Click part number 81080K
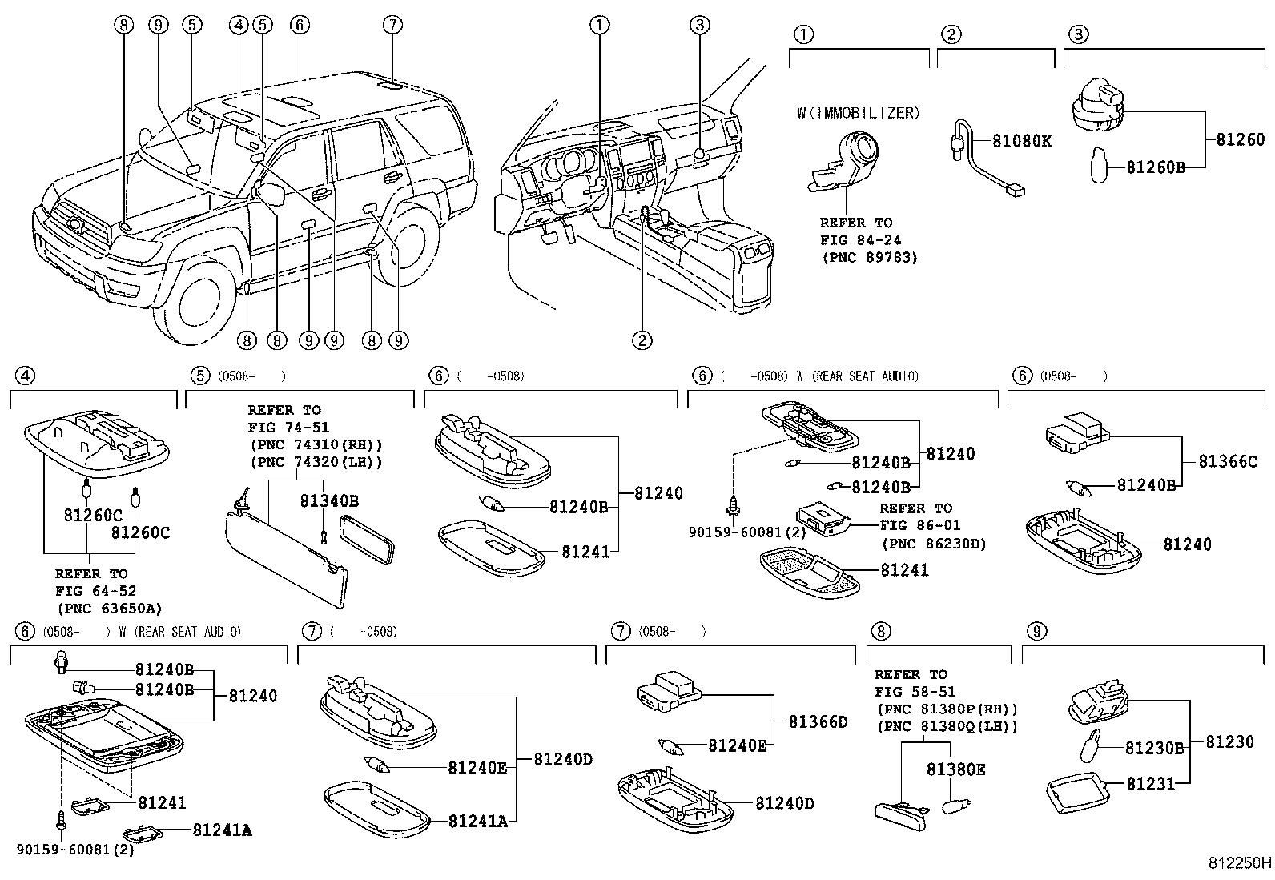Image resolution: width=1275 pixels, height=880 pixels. coord(1021,141)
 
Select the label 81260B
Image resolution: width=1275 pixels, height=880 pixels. coord(1155,167)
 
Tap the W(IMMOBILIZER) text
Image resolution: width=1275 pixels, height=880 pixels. coord(858,113)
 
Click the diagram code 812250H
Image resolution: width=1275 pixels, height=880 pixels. coord(1240,863)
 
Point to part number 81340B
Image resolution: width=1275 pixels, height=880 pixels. coord(328,501)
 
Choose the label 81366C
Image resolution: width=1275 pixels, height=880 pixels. coord(1227,462)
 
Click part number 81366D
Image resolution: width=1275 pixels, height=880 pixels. coord(817,722)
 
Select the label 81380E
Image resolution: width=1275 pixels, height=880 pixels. coord(955,769)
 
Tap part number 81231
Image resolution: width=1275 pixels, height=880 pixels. coord(1150,783)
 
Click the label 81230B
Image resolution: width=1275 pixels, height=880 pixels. coord(1154,748)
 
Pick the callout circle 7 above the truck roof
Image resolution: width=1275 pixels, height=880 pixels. coord(391,25)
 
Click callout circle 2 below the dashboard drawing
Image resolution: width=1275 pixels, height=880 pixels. coord(642,340)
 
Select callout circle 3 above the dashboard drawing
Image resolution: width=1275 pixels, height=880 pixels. coord(699,25)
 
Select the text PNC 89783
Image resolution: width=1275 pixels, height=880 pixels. coord(869,257)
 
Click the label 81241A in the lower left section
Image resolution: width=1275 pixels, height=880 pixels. coord(222,830)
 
